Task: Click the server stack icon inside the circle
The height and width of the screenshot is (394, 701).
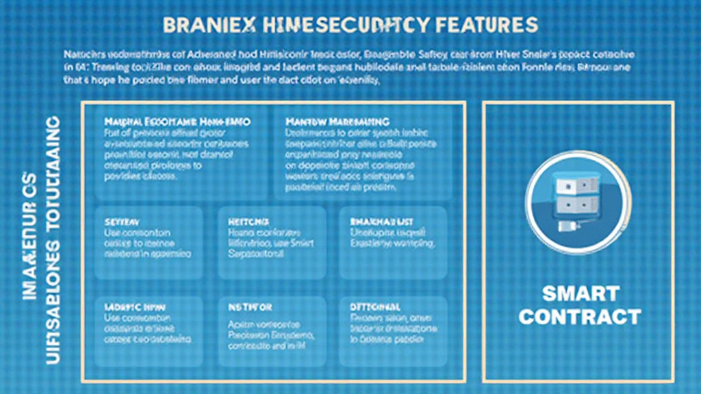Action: click(578, 196)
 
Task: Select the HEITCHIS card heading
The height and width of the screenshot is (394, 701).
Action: click(247, 222)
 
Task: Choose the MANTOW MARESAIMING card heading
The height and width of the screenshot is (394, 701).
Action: click(337, 121)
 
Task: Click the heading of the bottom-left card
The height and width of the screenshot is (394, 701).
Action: click(134, 307)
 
